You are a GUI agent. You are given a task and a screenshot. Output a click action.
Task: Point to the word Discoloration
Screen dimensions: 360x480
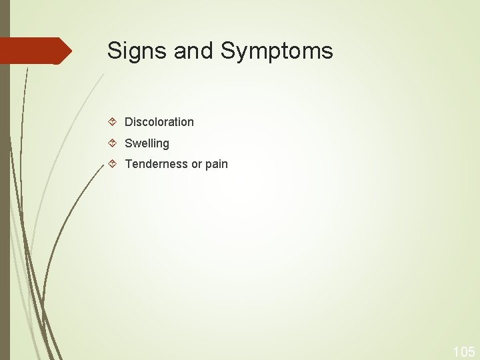coord(159,122)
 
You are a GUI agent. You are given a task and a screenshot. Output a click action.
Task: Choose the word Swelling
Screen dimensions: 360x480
coord(147,143)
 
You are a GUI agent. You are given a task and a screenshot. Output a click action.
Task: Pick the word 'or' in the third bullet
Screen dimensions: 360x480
coord(197,164)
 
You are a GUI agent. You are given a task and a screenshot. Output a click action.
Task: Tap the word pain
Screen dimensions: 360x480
coord(217,165)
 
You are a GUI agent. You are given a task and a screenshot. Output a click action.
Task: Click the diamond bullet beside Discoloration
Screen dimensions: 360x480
coord(113,122)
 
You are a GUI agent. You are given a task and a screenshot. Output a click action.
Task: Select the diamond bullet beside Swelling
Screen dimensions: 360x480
coord(113,143)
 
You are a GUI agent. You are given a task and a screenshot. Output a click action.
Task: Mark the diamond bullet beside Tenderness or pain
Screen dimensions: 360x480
coord(113,164)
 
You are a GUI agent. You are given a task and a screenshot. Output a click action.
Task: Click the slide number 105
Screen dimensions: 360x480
coord(464,351)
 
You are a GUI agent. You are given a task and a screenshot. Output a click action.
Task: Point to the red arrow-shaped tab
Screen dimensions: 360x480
coord(33,51)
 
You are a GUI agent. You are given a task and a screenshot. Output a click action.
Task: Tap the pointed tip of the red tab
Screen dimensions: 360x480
coord(70,51)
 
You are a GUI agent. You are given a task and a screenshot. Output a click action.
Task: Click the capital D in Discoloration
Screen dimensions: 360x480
coord(129,122)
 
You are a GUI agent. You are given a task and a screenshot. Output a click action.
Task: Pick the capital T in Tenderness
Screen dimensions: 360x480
coord(129,164)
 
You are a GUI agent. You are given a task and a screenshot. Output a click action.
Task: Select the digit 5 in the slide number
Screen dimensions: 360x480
coord(471,351)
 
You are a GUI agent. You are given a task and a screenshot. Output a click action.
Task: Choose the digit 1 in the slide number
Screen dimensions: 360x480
coord(456,351)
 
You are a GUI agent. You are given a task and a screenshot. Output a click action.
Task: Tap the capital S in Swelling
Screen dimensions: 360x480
coord(129,143)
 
